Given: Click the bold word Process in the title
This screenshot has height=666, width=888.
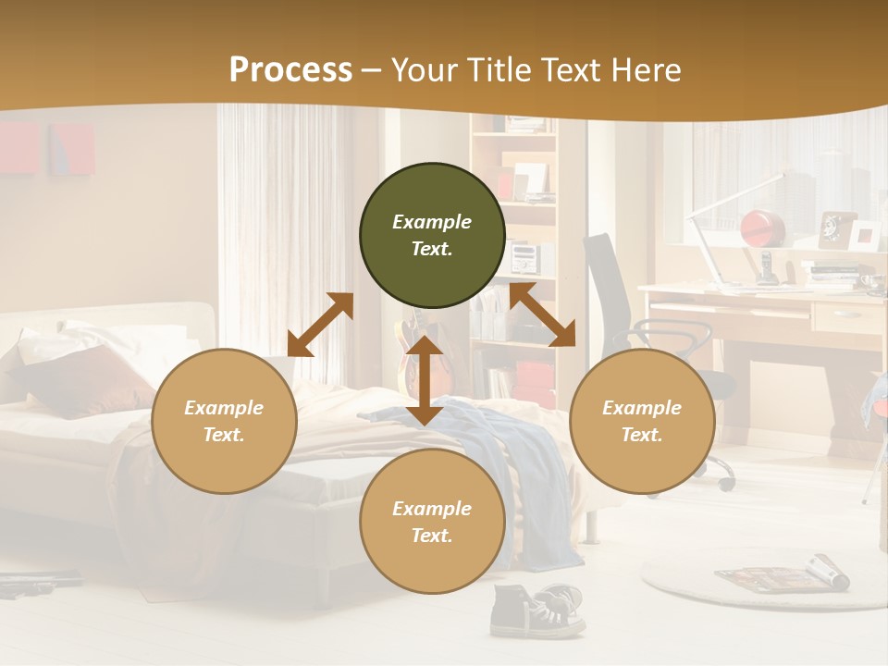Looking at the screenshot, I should (290, 70).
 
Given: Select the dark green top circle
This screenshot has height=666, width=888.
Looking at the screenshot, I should (432, 236).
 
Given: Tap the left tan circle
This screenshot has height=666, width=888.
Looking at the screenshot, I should (224, 422).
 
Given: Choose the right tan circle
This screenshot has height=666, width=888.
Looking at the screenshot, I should (642, 422).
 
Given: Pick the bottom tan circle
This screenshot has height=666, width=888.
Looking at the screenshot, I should (432, 522).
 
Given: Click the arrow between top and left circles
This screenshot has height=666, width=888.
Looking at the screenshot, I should (320, 325).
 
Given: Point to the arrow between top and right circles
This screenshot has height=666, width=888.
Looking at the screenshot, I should (542, 315).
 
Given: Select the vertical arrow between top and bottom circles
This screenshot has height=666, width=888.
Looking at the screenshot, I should (425, 380).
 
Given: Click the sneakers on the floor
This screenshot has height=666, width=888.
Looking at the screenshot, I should (536, 610).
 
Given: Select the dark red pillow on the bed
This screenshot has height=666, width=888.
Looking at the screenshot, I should (88, 379).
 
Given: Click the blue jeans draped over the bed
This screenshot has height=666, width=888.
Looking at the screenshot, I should (518, 462).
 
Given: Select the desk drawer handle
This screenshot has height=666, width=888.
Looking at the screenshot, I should (845, 314).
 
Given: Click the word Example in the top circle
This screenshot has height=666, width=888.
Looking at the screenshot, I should (432, 222).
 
